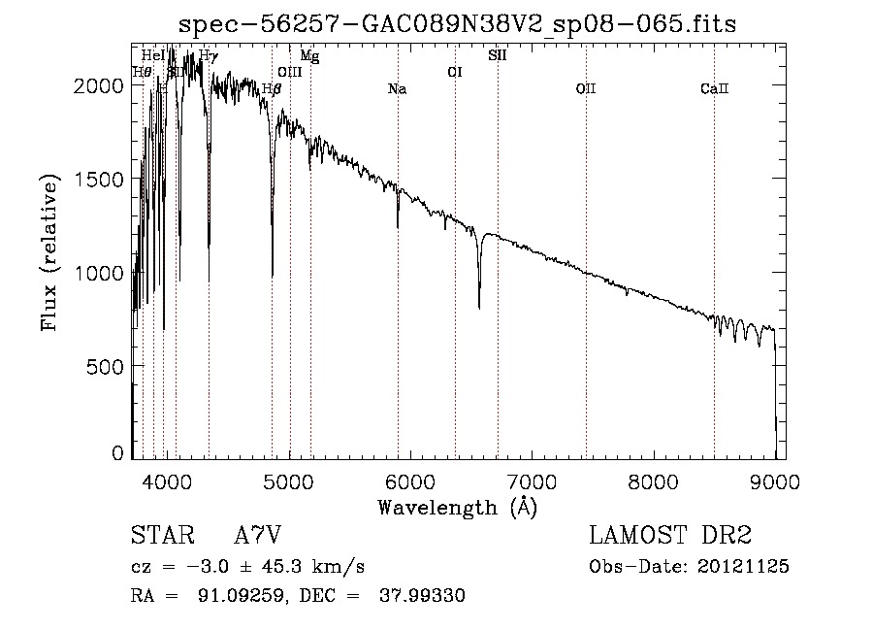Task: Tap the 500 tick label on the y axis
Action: click(x=109, y=366)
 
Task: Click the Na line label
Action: click(x=397, y=89)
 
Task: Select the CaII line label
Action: click(x=714, y=89)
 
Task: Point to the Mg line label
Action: click(x=309, y=56)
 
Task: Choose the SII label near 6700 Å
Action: click(x=497, y=55)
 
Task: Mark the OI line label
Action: click(x=454, y=72)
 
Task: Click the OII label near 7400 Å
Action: click(x=585, y=89)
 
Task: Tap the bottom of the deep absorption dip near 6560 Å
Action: click(x=479, y=307)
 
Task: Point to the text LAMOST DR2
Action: click(x=670, y=536)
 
